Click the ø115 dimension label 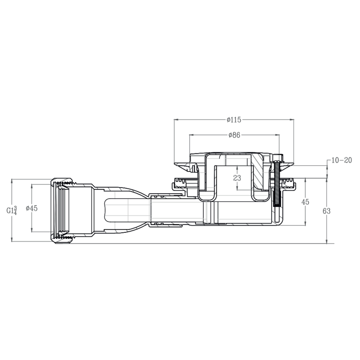(234, 120)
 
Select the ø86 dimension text (234, 135)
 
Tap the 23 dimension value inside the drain (237, 178)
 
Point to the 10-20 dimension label (342, 160)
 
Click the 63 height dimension (326, 211)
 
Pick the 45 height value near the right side (305, 202)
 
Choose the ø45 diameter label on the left (32, 208)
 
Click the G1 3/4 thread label (12, 210)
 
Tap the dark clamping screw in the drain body (277, 184)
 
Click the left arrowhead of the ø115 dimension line (176, 120)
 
